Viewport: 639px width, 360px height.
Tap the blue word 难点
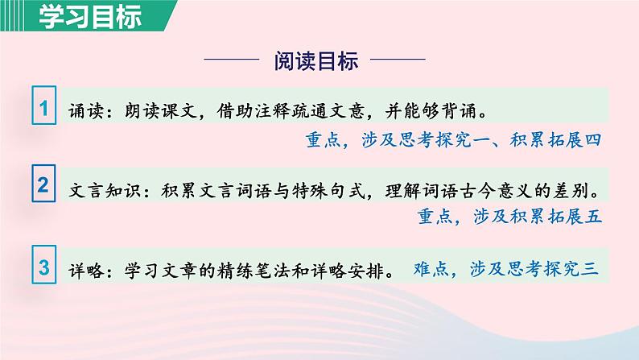[431, 270]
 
